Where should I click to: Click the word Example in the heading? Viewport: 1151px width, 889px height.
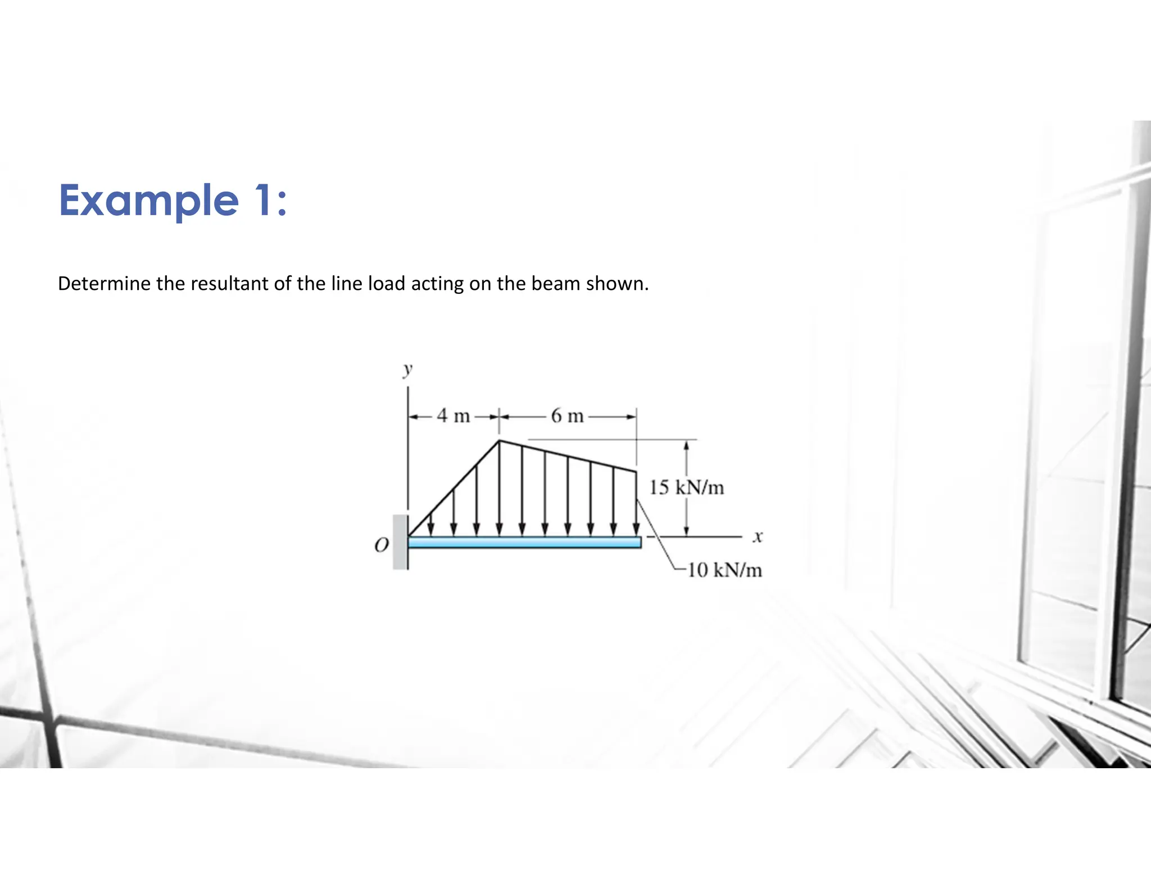point(149,201)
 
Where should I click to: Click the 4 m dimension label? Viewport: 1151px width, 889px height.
point(454,416)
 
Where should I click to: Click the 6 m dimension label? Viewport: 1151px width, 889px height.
point(567,416)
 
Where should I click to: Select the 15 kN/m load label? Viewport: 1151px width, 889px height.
point(686,487)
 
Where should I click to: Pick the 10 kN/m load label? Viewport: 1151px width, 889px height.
point(724,570)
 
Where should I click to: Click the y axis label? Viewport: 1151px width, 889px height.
point(407,369)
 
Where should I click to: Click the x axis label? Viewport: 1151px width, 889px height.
point(758,537)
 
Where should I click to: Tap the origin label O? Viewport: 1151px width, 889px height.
point(382,545)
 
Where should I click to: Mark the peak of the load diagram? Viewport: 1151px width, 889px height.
point(499,441)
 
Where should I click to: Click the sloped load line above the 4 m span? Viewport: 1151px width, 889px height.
point(454,488)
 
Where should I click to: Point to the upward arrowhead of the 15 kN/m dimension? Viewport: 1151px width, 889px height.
point(686,446)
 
